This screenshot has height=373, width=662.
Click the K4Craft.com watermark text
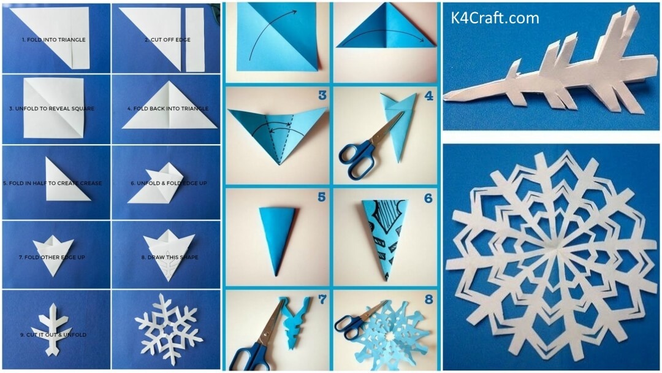click(x=495, y=18)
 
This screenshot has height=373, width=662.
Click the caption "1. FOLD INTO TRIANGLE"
click(x=54, y=40)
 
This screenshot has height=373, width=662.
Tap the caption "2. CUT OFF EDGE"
click(x=167, y=40)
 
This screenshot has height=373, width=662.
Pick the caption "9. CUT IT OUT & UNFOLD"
click(x=54, y=335)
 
